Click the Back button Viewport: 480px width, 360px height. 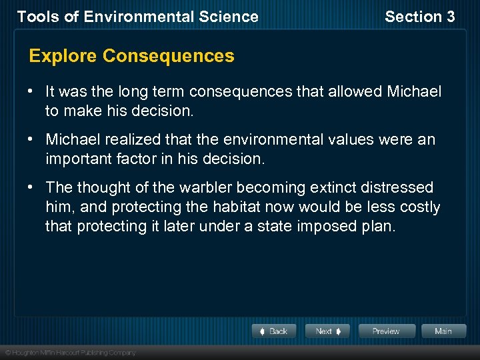pos(273,331)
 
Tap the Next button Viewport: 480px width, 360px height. pos(327,331)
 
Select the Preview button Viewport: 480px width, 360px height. pos(386,331)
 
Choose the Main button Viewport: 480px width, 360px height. pos(443,331)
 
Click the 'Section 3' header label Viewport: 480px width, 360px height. pos(419,17)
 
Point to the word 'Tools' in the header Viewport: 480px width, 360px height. pos(35,17)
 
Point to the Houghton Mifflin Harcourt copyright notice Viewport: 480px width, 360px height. pos(70,352)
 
